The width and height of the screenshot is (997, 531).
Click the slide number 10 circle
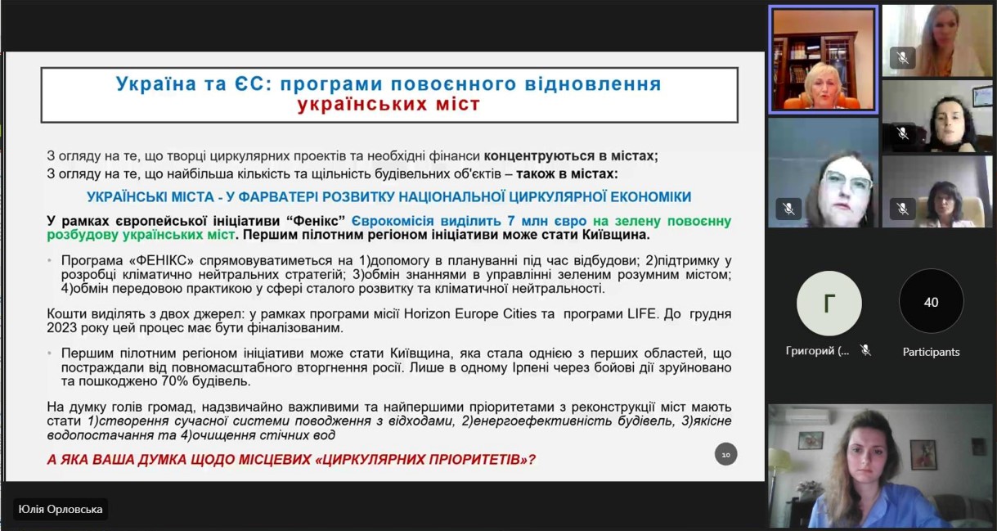[x=725, y=454]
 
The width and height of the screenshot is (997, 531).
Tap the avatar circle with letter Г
[x=829, y=303]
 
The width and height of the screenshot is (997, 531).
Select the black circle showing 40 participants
[x=931, y=302]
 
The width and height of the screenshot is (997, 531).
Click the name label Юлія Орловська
[x=61, y=509]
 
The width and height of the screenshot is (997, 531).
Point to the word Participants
[x=931, y=352]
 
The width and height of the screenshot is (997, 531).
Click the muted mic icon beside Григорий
[x=865, y=350]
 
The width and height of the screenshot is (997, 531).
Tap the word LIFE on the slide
[x=642, y=314]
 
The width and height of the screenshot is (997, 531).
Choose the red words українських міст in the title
[x=388, y=104]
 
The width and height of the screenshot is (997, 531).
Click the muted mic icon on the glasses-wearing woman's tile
[x=788, y=209]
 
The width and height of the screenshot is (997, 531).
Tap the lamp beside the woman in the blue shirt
[x=779, y=467]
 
